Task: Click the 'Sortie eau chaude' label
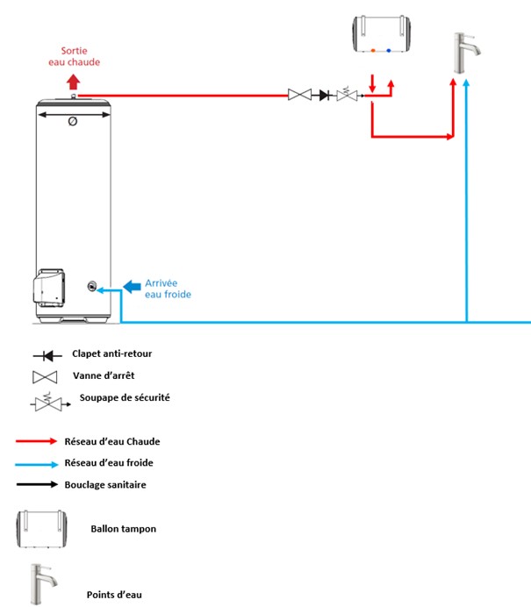point(74,56)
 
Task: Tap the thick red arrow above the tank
point(73,82)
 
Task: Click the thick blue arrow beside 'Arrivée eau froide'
point(132,287)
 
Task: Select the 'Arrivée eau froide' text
point(168,289)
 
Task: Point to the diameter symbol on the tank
point(73,122)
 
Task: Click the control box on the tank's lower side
point(49,288)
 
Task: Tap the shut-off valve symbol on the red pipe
point(300,95)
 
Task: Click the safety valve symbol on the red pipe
point(348,94)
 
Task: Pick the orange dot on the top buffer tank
point(373,50)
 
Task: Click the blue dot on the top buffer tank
point(389,50)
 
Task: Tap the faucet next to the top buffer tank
point(467,53)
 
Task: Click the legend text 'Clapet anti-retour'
point(112,353)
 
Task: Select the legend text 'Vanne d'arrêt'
point(104,375)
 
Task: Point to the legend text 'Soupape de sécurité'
point(125,397)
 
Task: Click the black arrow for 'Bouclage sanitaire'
point(37,484)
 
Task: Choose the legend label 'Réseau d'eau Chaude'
point(112,441)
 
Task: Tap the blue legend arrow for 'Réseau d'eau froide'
point(37,464)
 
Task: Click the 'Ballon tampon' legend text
point(124,529)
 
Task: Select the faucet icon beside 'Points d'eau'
point(43,584)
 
